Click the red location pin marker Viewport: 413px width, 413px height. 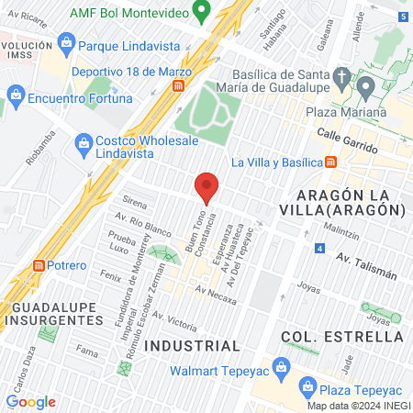[x=206, y=187]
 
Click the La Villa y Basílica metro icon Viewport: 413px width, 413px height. [x=330, y=162]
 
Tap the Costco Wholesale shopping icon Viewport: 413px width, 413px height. [x=84, y=142]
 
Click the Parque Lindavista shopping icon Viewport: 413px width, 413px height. [x=65, y=42]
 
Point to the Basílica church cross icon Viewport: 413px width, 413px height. [x=341, y=74]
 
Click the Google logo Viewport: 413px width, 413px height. [x=30, y=401]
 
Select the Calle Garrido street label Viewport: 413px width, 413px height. [x=348, y=140]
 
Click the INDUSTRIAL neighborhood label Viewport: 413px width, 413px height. [x=192, y=345]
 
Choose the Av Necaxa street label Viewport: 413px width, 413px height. [x=217, y=292]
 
